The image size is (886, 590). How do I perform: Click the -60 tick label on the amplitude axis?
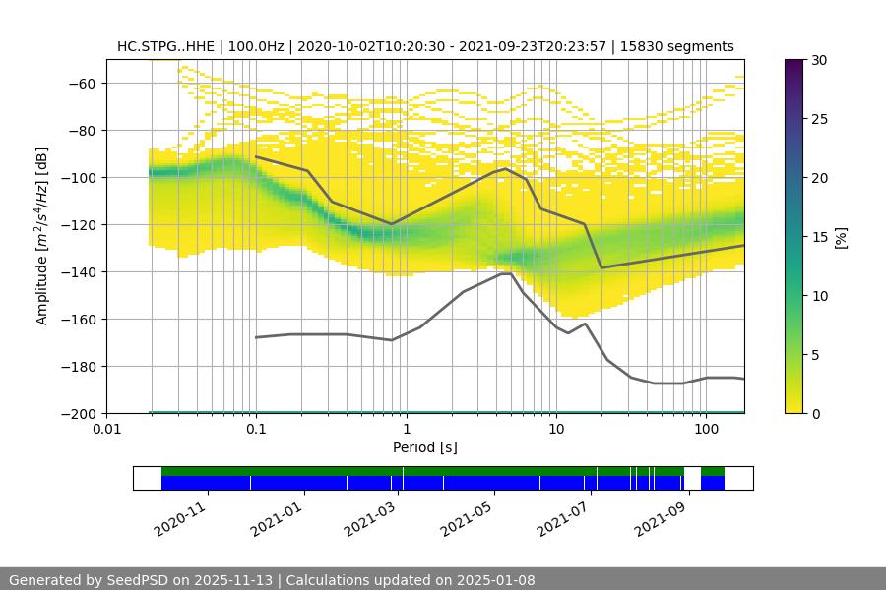[81, 83]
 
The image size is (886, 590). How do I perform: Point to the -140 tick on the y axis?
[81, 271]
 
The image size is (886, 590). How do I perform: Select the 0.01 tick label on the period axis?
[106, 430]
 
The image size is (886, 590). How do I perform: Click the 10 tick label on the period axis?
[555, 430]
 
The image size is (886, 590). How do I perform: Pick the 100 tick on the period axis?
[705, 430]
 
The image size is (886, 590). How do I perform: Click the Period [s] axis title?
[425, 447]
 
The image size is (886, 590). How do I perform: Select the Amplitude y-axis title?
[42, 236]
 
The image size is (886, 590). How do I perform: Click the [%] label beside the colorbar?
[841, 236]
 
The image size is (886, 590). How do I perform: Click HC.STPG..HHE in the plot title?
[164, 46]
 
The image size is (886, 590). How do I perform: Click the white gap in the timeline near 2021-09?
[692, 478]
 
